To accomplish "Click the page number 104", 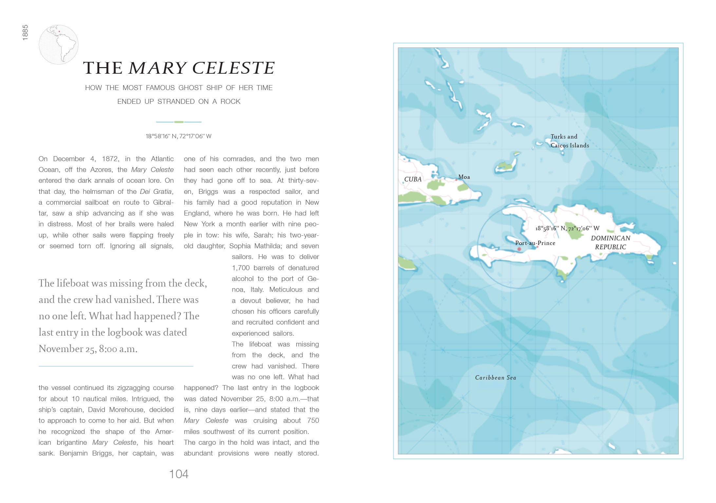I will click(x=179, y=474).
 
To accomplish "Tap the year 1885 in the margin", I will click(x=25, y=33).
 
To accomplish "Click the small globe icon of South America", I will click(x=59, y=45).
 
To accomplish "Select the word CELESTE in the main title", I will click(x=233, y=68).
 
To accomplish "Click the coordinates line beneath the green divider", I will click(x=179, y=136).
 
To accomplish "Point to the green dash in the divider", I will click(x=179, y=122).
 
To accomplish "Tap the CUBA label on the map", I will click(x=413, y=179).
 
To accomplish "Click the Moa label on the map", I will click(x=464, y=177).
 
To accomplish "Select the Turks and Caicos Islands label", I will click(x=569, y=141).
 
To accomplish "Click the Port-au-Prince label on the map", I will click(x=535, y=243).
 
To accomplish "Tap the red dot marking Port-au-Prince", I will click(x=519, y=249).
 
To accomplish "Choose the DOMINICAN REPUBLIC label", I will click(x=610, y=243).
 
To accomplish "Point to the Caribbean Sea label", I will click(x=496, y=378).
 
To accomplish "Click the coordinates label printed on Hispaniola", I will click(x=567, y=228).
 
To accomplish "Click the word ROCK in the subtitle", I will click(x=230, y=102).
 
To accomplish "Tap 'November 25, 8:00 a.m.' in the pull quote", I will click(x=88, y=349).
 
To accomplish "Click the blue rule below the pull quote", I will click(x=116, y=366).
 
